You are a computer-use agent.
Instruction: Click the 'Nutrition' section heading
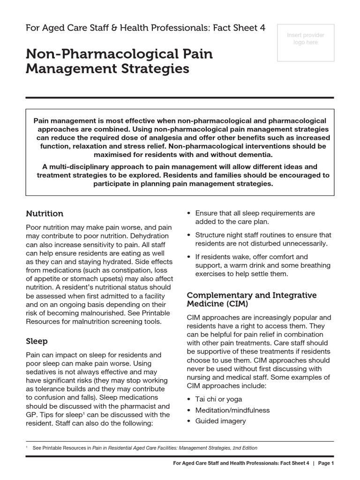[x=45, y=214]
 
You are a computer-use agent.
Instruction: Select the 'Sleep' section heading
[x=37, y=341]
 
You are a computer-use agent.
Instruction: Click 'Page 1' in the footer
[x=325, y=464]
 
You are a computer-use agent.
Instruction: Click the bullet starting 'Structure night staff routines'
[x=263, y=239]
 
